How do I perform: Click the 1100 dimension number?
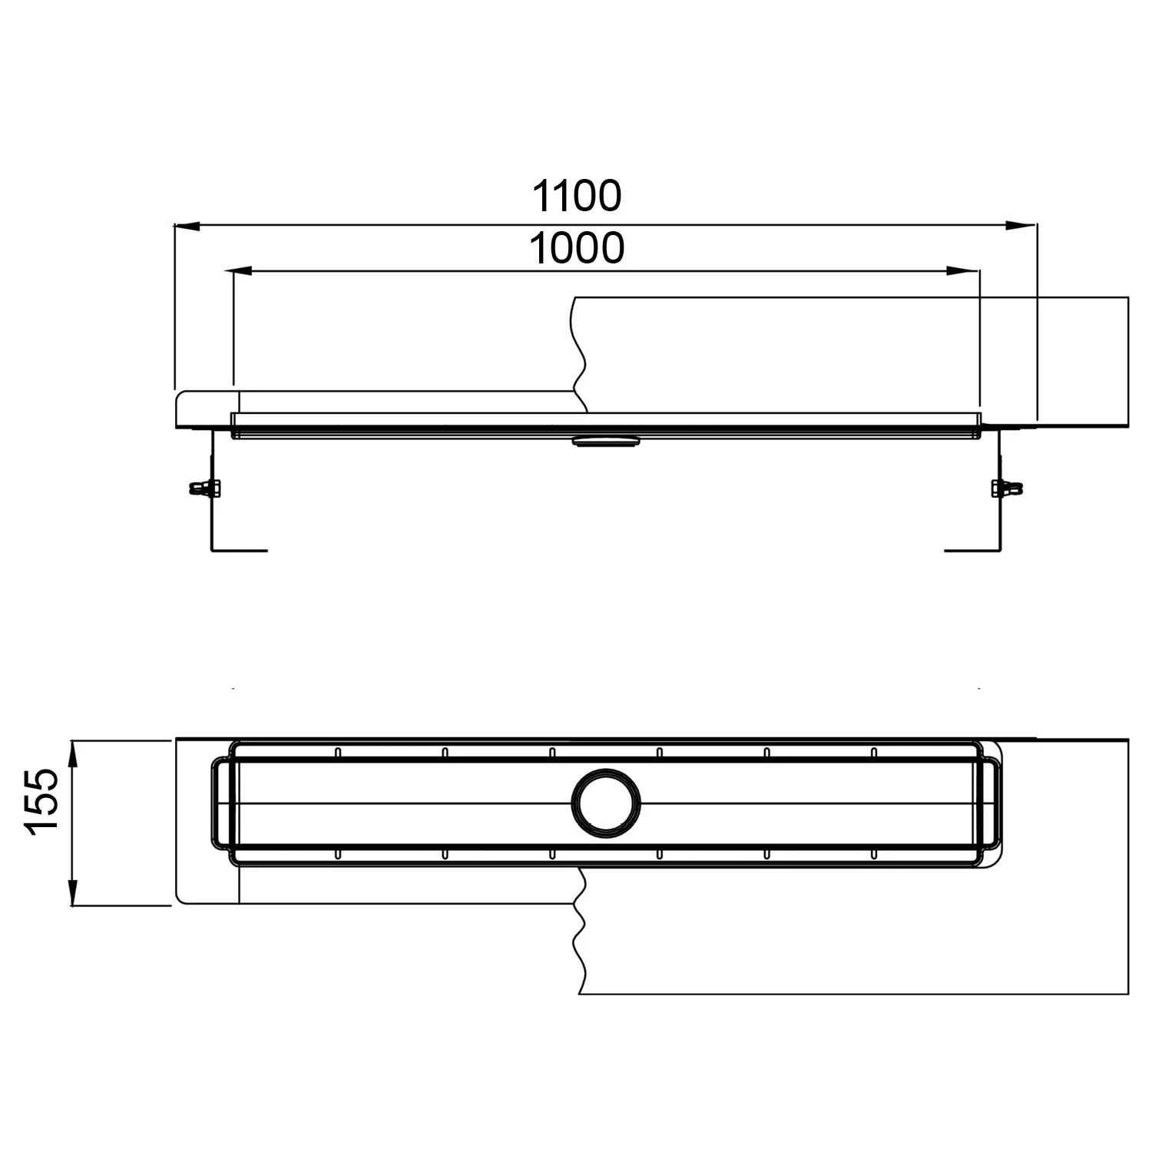coord(577,196)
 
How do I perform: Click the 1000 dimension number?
coord(577,248)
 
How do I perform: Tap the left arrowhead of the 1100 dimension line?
coord(189,226)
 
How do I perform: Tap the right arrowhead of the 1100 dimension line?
coord(1021,226)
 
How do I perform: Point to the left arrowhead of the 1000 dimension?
coord(242,271)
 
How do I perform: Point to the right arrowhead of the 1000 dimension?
coord(964,271)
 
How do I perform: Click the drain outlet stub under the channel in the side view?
coord(605,441)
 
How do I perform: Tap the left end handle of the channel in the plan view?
coord(220,803)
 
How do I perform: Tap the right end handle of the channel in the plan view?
coord(991,803)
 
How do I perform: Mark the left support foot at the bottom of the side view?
coord(238,550)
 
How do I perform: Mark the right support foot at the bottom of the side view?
coord(973,550)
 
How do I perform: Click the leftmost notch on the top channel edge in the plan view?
coord(336,752)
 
